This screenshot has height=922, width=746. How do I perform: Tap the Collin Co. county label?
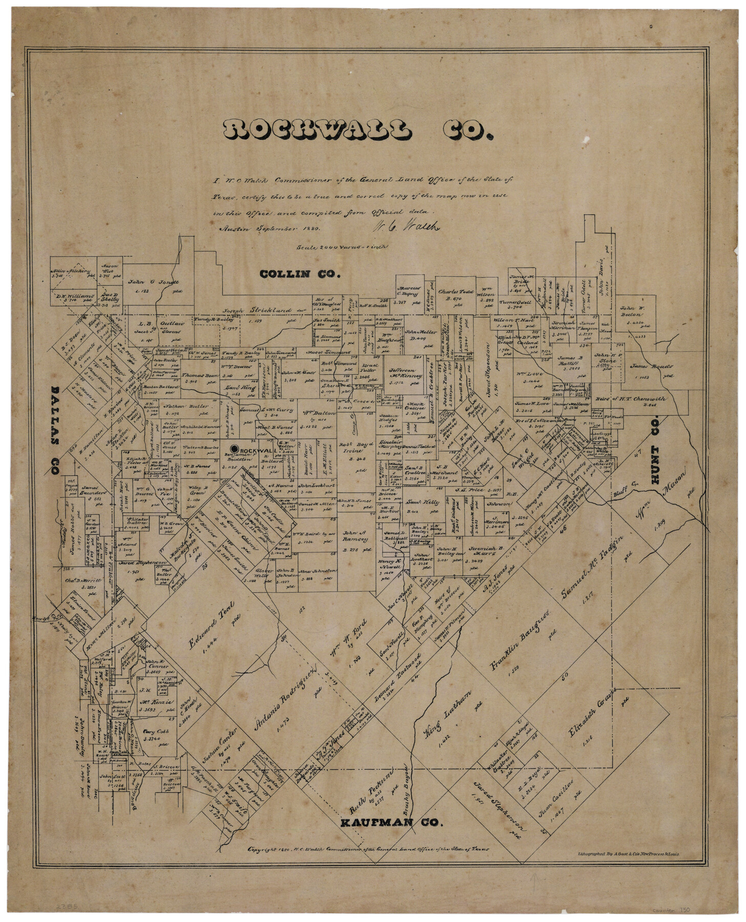(x=300, y=274)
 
